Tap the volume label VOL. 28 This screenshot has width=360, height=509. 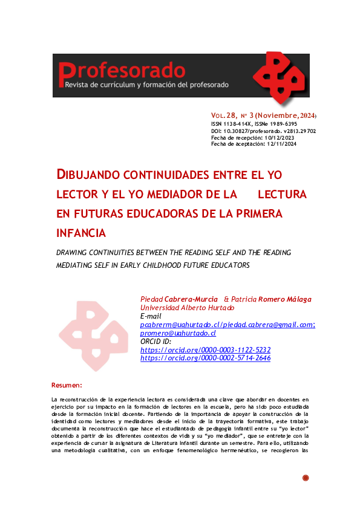tap(224, 115)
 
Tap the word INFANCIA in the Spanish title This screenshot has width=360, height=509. tap(80, 233)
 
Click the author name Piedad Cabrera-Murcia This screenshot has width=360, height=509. tap(178, 299)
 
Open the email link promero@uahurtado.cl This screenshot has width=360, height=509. tap(177, 333)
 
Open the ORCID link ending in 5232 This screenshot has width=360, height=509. tap(205, 350)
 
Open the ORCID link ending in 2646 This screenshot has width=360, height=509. tap(205, 358)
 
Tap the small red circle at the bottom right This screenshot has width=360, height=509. tap(306, 478)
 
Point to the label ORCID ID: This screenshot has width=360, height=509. tap(156, 342)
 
